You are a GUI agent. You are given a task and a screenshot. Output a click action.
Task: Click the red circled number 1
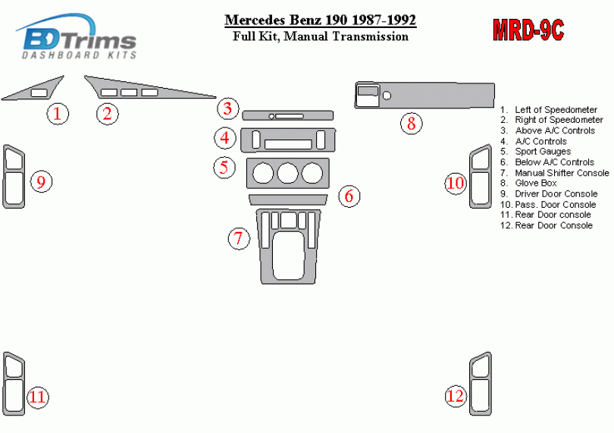pyautogui.click(x=57, y=114)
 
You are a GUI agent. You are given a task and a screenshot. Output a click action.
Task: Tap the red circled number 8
pyautogui.click(x=410, y=122)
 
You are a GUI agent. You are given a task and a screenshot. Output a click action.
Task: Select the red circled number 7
pyautogui.click(x=239, y=239)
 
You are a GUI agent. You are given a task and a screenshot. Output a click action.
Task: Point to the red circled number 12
pyautogui.click(x=455, y=396)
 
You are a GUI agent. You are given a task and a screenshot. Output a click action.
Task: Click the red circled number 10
pyautogui.click(x=455, y=183)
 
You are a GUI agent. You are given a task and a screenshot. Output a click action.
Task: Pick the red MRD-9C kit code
pyautogui.click(x=528, y=30)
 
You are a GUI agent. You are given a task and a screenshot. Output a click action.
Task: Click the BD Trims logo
pyautogui.click(x=77, y=37)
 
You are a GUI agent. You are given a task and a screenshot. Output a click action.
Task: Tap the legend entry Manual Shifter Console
pyautogui.click(x=562, y=173)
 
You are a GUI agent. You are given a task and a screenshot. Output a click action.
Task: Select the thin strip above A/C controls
pyautogui.click(x=287, y=116)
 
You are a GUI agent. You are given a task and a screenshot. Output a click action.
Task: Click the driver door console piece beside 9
pyautogui.click(x=14, y=176)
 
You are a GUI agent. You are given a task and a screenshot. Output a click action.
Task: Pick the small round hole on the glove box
pyautogui.click(x=387, y=96)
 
